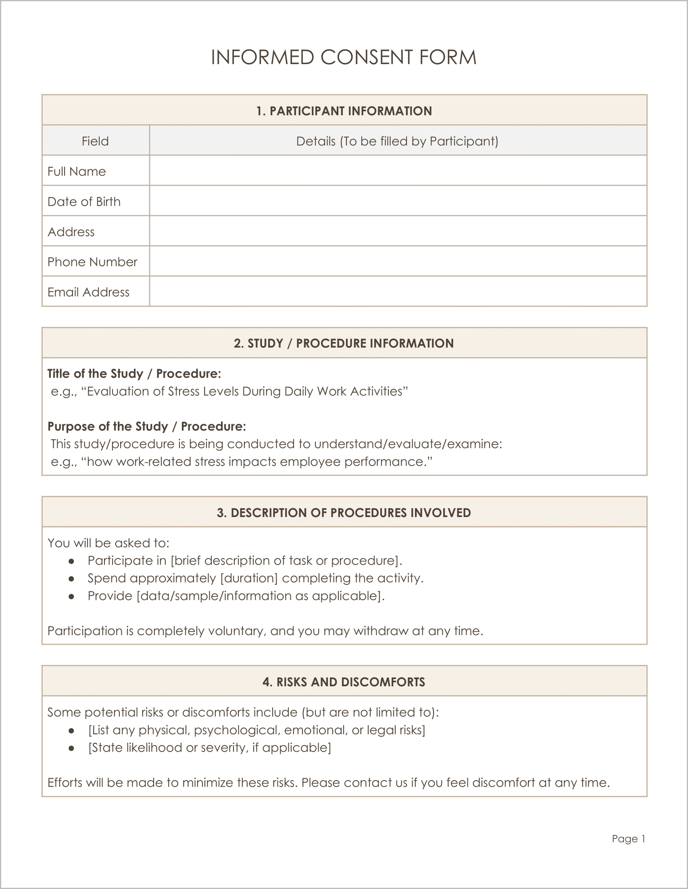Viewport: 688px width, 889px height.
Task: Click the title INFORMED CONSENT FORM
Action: (x=343, y=57)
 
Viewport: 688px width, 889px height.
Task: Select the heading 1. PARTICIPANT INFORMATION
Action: (x=344, y=111)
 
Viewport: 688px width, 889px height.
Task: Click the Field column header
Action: (x=95, y=141)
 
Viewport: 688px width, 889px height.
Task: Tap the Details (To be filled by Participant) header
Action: (x=397, y=141)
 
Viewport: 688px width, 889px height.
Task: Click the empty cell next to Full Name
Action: (x=398, y=170)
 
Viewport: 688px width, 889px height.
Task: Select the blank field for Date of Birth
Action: (x=398, y=201)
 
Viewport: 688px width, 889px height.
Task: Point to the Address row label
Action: (x=71, y=232)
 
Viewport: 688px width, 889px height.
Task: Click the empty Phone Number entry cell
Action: (x=398, y=261)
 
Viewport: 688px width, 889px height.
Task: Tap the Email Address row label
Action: (x=88, y=292)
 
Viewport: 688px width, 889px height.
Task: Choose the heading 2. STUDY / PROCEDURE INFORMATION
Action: (x=344, y=343)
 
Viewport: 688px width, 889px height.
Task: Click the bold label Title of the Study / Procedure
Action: (x=134, y=373)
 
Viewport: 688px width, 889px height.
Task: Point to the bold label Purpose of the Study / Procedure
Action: (x=147, y=426)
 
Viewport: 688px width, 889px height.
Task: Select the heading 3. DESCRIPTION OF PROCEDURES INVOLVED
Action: (x=344, y=513)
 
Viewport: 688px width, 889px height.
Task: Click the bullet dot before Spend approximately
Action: (x=71, y=578)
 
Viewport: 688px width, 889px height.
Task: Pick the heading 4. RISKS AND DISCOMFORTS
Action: (x=344, y=682)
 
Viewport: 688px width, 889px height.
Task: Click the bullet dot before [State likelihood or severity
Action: (x=71, y=748)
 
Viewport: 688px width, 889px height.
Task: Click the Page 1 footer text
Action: (x=628, y=839)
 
